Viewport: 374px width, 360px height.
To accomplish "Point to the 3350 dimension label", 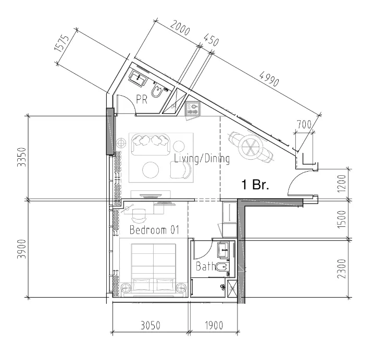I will pyautogui.click(x=21, y=157).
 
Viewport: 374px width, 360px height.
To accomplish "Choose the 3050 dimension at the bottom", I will pyautogui.click(x=151, y=326).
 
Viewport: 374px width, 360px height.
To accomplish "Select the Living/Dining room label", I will pyautogui.click(x=202, y=159).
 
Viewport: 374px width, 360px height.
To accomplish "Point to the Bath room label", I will pyautogui.click(x=205, y=267).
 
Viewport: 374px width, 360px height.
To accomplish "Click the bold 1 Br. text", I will pyautogui.click(x=254, y=185).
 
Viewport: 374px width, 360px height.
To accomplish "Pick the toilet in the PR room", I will pyautogui.click(x=156, y=91).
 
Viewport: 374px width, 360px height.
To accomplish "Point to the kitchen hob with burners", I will pyautogui.click(x=193, y=109).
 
